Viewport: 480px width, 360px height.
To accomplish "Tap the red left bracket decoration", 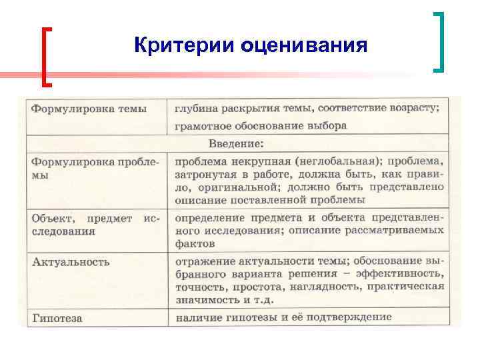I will click(46, 56).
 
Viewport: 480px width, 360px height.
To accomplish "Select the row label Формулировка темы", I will click(90, 108).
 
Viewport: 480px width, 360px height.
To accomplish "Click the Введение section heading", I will click(236, 143).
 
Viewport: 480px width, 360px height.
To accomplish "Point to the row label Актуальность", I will click(71, 261).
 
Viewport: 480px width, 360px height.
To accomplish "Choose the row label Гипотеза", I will click(57, 318).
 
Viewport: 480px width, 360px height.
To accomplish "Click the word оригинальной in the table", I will click(239, 187).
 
